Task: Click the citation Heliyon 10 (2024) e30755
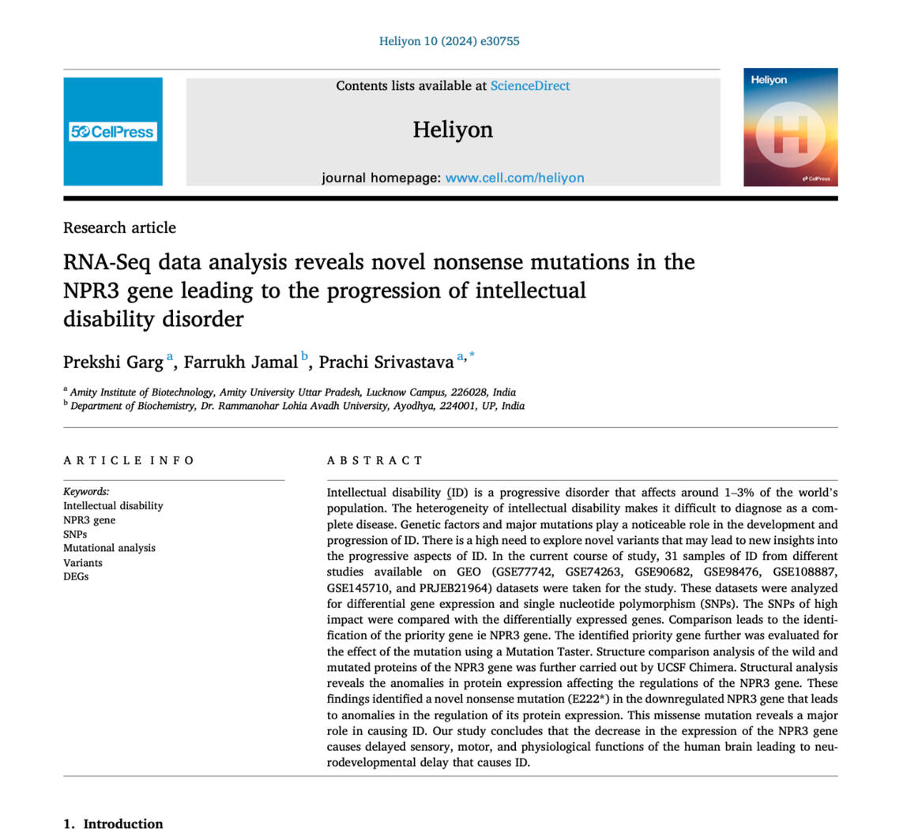coord(449,41)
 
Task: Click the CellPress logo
coord(112,132)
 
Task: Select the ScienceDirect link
coord(529,86)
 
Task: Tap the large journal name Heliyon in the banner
coord(452,129)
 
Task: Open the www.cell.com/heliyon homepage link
coord(514,178)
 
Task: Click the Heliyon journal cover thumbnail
coord(790,127)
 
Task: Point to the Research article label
coord(119,227)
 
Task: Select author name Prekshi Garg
coord(113,362)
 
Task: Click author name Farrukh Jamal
coord(240,362)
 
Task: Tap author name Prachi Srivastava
coord(386,362)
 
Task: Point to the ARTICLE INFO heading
coord(129,460)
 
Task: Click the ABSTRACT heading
coord(375,460)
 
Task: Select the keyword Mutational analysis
coord(109,548)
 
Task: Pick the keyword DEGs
coord(76,576)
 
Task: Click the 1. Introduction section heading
coord(113,823)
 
